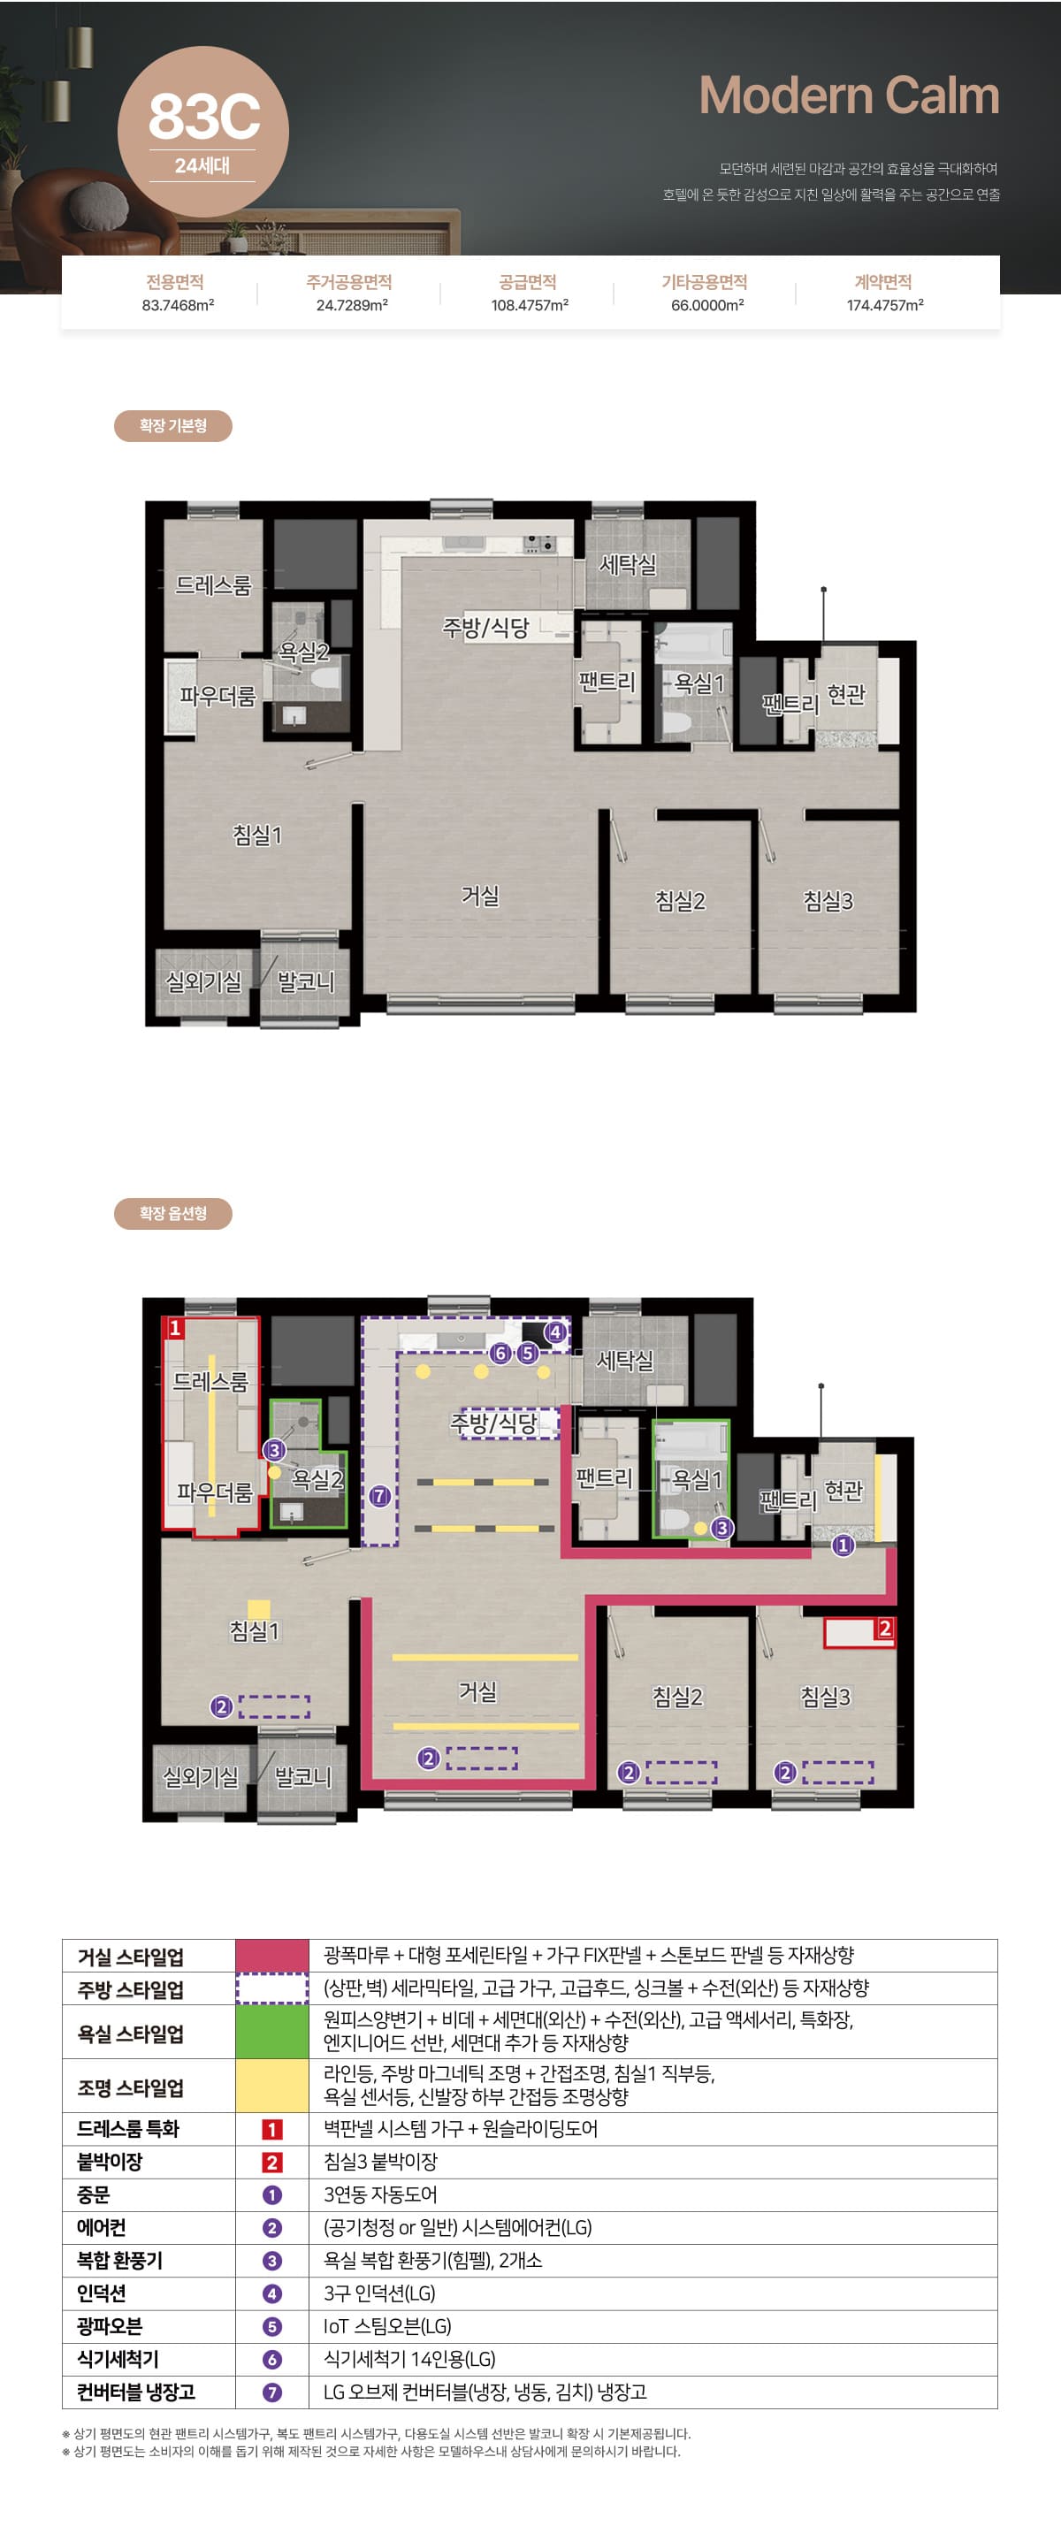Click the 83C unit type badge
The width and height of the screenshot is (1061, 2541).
tap(203, 131)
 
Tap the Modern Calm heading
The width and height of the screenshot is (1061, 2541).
tap(849, 95)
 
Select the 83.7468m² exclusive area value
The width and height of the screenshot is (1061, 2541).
tap(178, 306)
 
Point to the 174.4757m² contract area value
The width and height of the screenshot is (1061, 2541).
tap(884, 306)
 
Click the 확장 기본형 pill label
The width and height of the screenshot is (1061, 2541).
tap(172, 426)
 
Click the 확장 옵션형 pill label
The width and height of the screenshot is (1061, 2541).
tap(172, 1213)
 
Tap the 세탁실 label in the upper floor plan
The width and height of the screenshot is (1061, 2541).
tap(628, 565)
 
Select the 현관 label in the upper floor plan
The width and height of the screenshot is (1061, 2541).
tap(846, 694)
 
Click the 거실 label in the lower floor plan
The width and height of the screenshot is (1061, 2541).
tap(478, 1691)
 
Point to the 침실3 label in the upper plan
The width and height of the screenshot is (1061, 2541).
tap(828, 901)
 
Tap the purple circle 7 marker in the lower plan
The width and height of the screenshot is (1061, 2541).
tap(379, 1496)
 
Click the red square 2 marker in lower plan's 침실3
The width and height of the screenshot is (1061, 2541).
tap(884, 1629)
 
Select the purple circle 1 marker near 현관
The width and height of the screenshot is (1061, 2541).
tap(842, 1545)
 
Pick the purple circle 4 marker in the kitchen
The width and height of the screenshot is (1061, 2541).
tap(555, 1332)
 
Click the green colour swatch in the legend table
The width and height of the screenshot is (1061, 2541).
tap(272, 2032)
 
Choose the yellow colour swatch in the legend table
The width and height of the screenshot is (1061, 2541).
tap(272, 2086)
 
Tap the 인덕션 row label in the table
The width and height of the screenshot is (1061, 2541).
tap(102, 2293)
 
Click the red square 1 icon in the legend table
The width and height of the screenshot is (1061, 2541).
tap(272, 2129)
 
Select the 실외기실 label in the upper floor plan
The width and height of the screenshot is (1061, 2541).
tap(203, 981)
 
